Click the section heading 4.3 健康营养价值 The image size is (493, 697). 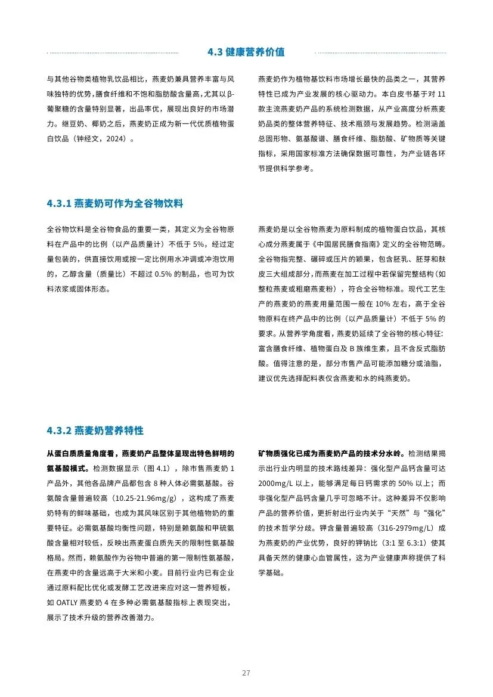pos(246,52)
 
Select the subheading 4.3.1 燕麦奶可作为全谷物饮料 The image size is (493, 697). pos(114,204)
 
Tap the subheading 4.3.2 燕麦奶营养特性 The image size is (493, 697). pos(95,430)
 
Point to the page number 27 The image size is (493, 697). pos(246,673)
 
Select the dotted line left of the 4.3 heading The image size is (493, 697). pos(113,52)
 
